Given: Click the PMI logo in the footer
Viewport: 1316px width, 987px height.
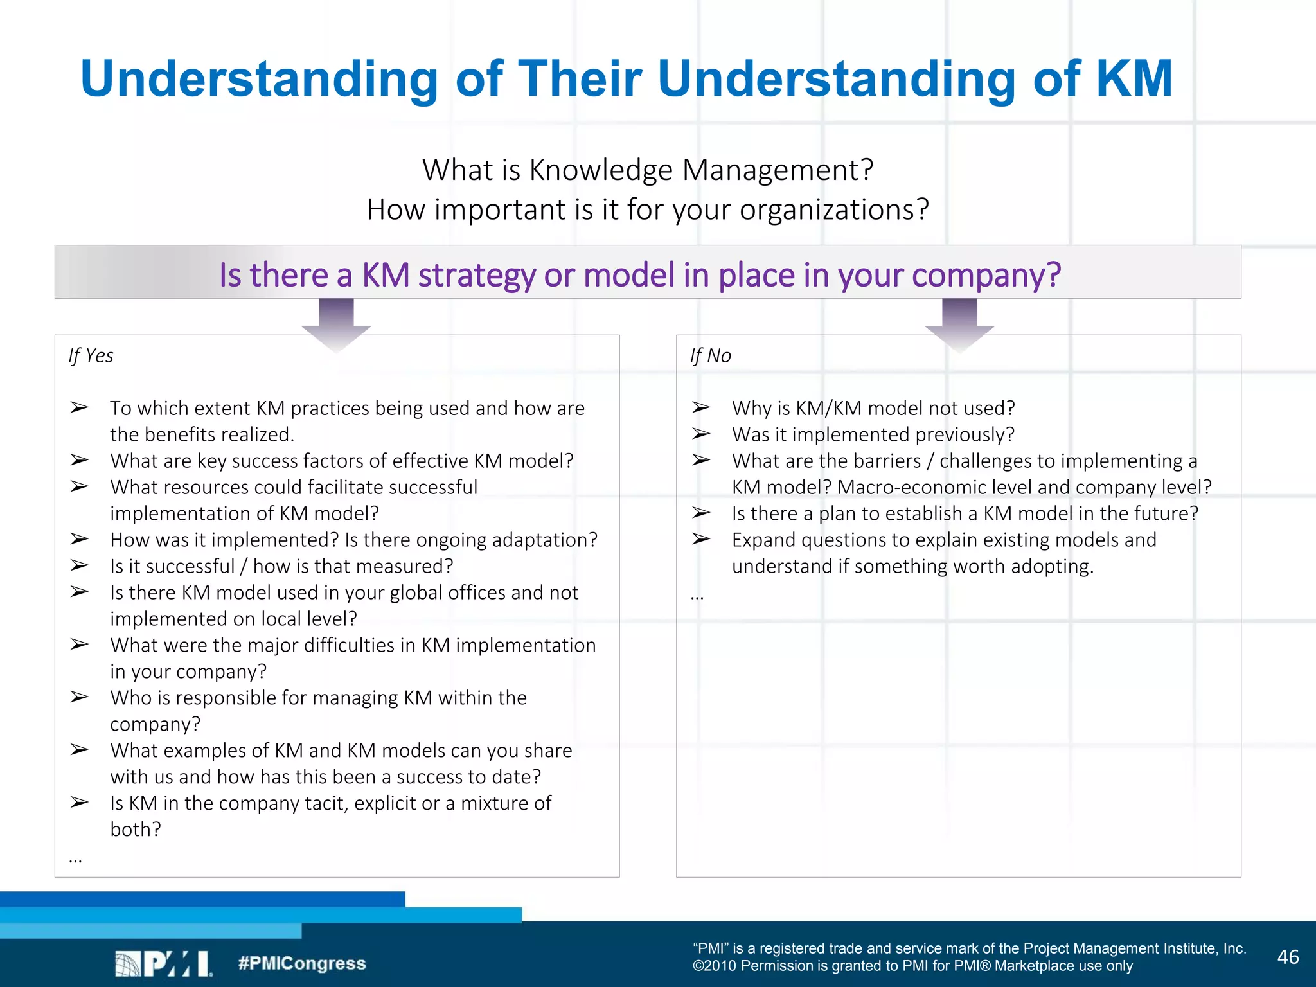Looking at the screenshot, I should click(x=163, y=963).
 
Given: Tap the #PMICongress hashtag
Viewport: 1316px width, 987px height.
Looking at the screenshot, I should click(x=301, y=963).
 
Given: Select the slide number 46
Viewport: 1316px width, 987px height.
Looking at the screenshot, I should click(x=1288, y=957).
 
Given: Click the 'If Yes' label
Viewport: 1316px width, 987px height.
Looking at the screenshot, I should click(x=91, y=355).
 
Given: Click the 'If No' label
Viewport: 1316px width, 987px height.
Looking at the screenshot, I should click(x=710, y=355).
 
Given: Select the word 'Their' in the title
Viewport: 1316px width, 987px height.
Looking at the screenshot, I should click(x=580, y=79).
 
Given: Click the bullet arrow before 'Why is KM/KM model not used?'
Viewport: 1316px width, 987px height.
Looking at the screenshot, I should click(x=700, y=407).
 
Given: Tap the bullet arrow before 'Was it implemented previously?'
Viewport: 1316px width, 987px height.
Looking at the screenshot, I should click(x=700, y=434).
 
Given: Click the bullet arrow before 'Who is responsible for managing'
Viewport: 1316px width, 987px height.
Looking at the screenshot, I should click(x=79, y=697).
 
